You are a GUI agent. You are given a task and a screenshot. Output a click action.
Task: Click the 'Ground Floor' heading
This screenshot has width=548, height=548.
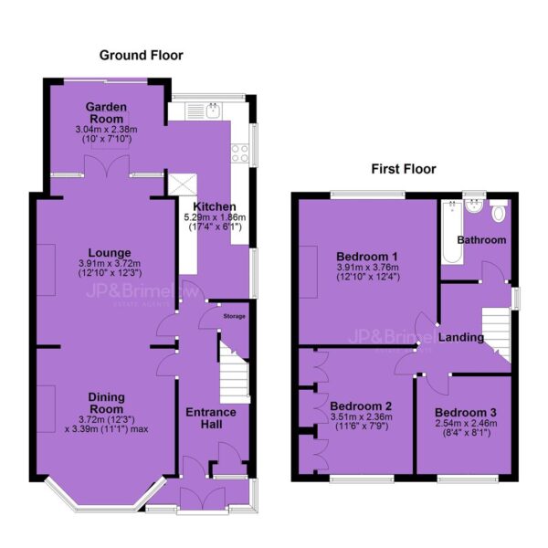[x=142, y=55]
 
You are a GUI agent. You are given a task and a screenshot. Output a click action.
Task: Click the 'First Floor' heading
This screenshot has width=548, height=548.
[x=404, y=169]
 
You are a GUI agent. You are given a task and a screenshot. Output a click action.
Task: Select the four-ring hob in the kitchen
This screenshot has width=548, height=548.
[x=239, y=153]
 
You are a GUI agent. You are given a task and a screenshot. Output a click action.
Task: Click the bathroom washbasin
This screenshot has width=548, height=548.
[x=474, y=206]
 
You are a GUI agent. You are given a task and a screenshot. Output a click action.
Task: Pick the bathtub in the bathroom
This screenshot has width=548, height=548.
[x=452, y=232]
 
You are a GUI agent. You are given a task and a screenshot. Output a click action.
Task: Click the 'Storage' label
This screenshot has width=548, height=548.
[x=234, y=316]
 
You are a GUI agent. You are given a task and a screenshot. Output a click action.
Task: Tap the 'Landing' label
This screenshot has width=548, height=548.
[x=461, y=337]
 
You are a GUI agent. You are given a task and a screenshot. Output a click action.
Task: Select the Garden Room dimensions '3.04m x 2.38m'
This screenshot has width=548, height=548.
[x=106, y=130]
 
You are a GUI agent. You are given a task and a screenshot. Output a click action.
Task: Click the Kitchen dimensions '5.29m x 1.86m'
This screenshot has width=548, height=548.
[x=215, y=217]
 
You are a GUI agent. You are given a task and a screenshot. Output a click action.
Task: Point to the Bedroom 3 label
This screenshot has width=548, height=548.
[x=466, y=413]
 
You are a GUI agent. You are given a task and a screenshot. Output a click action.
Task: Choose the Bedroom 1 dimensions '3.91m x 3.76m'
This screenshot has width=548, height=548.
[x=368, y=268]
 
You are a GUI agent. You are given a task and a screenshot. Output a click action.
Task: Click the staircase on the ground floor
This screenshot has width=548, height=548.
[x=234, y=373]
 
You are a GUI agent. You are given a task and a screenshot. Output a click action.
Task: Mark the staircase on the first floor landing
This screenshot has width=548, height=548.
[x=496, y=333]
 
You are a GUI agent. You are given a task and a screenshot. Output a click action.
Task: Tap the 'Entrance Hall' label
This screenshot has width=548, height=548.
[x=211, y=418]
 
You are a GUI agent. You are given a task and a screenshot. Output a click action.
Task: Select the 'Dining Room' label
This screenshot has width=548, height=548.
[x=106, y=403]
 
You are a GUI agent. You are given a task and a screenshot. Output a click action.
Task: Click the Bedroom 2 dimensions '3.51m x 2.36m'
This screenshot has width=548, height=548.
[x=361, y=416]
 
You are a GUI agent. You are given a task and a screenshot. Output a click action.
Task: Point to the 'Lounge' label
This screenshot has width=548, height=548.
[x=110, y=253]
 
